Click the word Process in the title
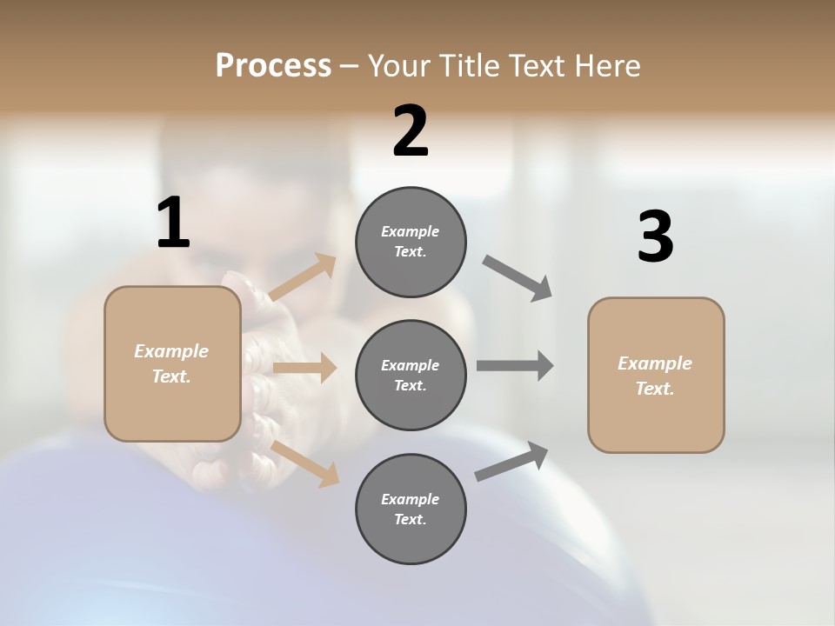pyautogui.click(x=273, y=66)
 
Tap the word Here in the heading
pyautogui.click(x=601, y=66)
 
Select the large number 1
pyautogui.click(x=173, y=223)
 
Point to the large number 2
pyautogui.click(x=411, y=132)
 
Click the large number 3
pyautogui.click(x=655, y=237)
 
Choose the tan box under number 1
pyautogui.click(x=172, y=363)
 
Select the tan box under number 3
pyautogui.click(x=656, y=376)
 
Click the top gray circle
pyautogui.click(x=411, y=242)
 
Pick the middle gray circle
pyautogui.click(x=411, y=376)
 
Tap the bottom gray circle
pyautogui.click(x=411, y=509)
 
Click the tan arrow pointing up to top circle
pyautogui.click(x=303, y=277)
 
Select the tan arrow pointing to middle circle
pyautogui.click(x=304, y=368)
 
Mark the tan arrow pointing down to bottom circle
pyautogui.click(x=304, y=463)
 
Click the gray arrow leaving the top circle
pyautogui.click(x=518, y=277)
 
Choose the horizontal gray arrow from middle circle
pyautogui.click(x=514, y=365)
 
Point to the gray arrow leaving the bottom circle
pyautogui.click(x=512, y=462)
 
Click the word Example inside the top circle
pyautogui.click(x=410, y=231)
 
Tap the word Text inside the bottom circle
pyautogui.click(x=410, y=519)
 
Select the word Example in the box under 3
pyautogui.click(x=655, y=363)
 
